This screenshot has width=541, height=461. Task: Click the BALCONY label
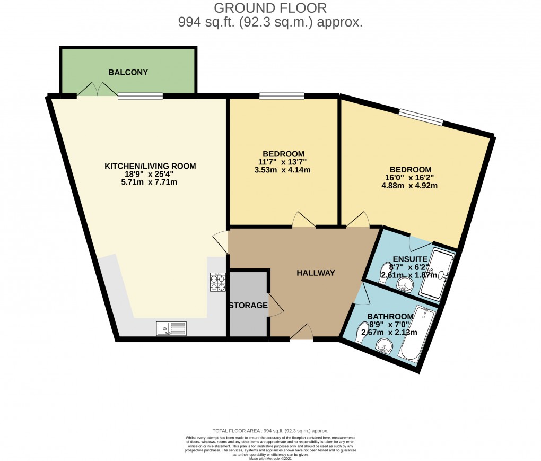pos(128,72)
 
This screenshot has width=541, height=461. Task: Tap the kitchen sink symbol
pos(171,329)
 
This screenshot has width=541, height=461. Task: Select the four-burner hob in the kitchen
pos(218,282)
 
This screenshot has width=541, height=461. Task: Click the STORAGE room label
pos(248,306)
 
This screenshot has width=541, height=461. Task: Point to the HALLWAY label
pos(316,273)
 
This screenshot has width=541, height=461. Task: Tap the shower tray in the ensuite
pos(439,274)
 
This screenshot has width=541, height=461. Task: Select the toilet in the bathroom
pos(362,332)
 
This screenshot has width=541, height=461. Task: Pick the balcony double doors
pos(97,90)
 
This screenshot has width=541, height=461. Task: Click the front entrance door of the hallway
pos(301,333)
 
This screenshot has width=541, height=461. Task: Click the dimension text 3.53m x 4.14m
pos(283,170)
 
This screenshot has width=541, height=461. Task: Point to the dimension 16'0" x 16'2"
pos(416,178)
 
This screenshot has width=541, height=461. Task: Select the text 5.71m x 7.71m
pos(150,182)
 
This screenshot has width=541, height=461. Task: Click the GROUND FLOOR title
pos(270,8)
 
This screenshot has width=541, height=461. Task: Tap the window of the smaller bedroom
pos(282,96)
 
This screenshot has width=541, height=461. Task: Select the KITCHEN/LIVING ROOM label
pos(150,166)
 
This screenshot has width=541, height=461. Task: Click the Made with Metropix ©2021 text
pos(270,458)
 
